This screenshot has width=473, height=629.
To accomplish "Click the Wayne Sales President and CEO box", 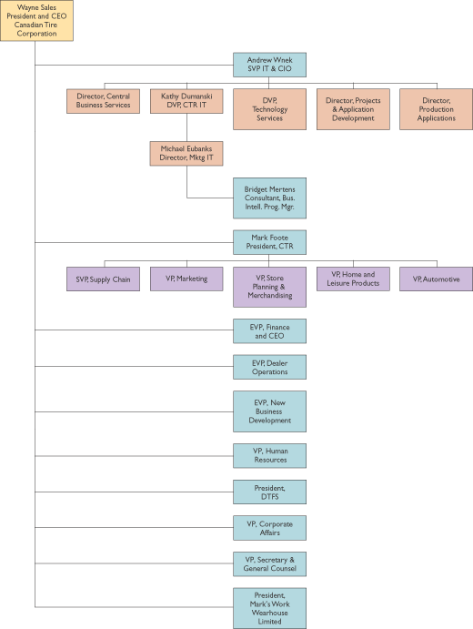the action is [36, 20].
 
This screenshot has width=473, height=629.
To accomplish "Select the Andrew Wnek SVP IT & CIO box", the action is [269, 65].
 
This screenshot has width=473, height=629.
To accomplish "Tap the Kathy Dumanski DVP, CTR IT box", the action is [186, 101].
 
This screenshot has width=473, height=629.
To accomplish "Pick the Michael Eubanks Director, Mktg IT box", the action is [186, 153].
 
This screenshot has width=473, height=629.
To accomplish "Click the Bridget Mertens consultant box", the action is [269, 198].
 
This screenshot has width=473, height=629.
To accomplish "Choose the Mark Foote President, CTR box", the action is [269, 242].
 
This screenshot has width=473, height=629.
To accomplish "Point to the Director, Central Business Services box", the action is [103, 101].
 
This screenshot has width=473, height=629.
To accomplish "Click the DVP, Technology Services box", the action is [269, 109].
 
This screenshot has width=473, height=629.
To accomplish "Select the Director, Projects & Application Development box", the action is [353, 109].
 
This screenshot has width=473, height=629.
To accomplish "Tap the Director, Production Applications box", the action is [436, 109].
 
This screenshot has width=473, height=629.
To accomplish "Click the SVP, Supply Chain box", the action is [103, 279].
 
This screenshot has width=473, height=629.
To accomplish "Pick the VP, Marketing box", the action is [186, 279].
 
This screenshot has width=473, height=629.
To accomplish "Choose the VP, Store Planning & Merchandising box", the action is [269, 287].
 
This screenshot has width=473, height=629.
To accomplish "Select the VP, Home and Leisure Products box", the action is [353, 279].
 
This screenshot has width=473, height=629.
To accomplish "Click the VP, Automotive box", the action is [436, 279].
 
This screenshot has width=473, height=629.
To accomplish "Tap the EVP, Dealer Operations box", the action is [269, 367].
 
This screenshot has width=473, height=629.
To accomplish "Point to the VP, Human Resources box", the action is [269, 456].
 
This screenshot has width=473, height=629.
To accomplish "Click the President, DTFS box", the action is [269, 492].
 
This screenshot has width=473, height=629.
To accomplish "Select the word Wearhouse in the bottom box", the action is [269, 613].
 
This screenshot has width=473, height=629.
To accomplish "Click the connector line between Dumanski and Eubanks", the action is [186, 127].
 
